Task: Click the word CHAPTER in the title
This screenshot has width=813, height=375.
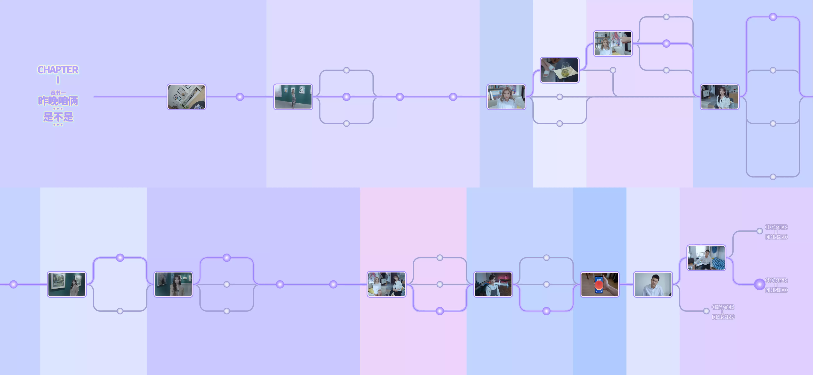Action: [x=58, y=70]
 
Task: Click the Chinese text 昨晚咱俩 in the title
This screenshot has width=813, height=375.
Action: [x=58, y=101]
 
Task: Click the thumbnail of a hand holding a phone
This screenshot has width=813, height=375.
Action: [x=600, y=284]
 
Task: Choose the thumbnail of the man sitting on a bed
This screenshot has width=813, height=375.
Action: [x=706, y=257]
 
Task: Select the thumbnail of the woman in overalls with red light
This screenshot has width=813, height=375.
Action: [x=493, y=284]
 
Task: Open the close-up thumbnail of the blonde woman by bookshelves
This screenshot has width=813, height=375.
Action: [x=506, y=97]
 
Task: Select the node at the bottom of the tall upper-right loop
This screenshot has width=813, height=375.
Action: [x=773, y=177]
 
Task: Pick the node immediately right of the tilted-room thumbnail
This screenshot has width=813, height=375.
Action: [x=240, y=97]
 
